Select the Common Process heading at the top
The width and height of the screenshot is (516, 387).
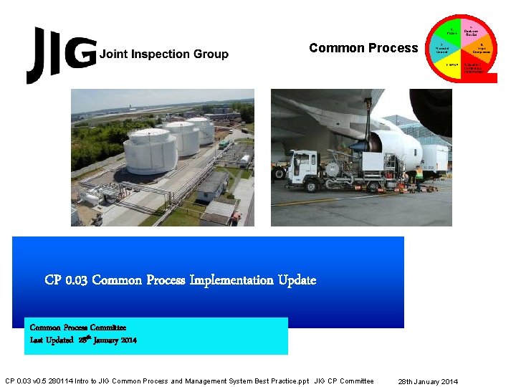[x=363, y=48]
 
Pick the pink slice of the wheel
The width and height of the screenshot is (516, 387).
[x=472, y=31]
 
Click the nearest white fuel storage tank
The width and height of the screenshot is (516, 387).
[x=151, y=151]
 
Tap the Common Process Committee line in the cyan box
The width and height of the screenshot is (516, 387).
[x=78, y=328]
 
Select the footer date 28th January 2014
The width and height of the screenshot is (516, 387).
[x=429, y=381]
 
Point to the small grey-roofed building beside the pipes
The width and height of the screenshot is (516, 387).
[x=212, y=185]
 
